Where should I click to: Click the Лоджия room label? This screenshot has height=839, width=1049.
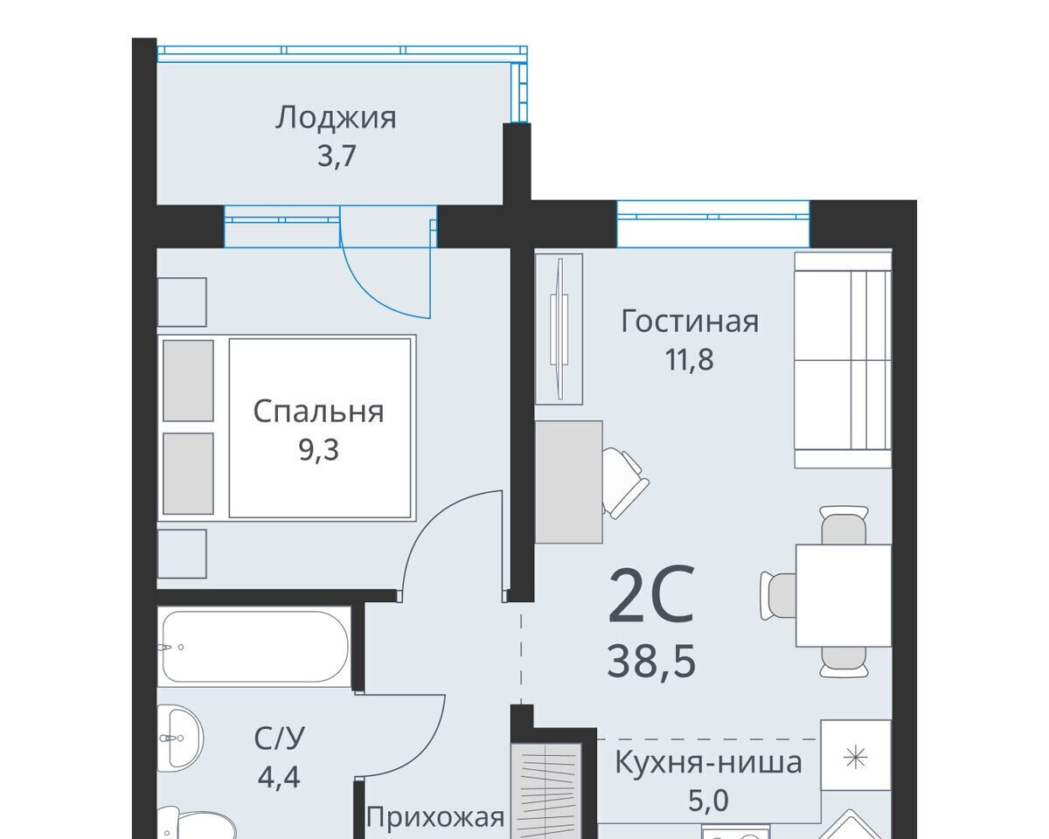[336, 119]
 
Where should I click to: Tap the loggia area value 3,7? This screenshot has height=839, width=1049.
[337, 156]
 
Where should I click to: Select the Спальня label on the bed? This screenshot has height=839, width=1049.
[318, 411]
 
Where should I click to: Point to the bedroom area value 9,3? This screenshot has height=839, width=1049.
[318, 449]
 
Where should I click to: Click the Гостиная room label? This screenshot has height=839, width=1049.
[690, 322]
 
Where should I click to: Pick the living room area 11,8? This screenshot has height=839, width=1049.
[689, 360]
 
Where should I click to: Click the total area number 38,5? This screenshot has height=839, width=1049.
[651, 661]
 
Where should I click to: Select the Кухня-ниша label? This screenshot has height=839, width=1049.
[708, 762]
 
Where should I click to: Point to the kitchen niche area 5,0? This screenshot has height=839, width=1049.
[708, 801]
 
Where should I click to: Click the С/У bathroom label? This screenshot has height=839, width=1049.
[280, 738]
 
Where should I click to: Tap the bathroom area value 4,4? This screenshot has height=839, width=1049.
[279, 777]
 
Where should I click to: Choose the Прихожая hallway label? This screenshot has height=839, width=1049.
[435, 817]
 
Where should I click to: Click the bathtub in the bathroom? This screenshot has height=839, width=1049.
[254, 647]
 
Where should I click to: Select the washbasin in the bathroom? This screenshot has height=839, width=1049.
[179, 738]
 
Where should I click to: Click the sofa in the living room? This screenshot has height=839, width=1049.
[843, 360]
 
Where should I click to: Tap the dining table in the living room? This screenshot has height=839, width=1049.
[844, 596]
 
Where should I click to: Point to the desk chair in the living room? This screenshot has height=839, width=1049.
[625, 482]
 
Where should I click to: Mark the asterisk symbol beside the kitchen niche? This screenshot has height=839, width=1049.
[856, 759]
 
